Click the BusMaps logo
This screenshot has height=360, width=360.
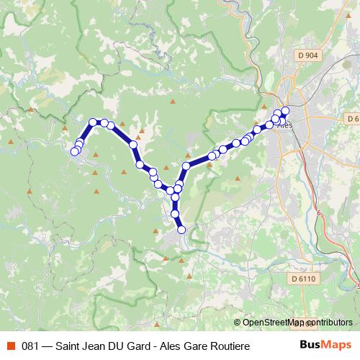tap(325, 346)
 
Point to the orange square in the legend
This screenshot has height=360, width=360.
tap(10, 346)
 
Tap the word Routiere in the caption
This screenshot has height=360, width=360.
tap(230, 346)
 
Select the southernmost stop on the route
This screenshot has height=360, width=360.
tap(181, 230)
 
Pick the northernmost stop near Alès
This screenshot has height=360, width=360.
tap(285, 110)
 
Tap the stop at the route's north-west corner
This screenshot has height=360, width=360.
tap(93, 122)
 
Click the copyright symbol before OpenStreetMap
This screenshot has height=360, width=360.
tap(238, 323)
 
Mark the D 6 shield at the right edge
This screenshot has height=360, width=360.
tap(353, 118)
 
